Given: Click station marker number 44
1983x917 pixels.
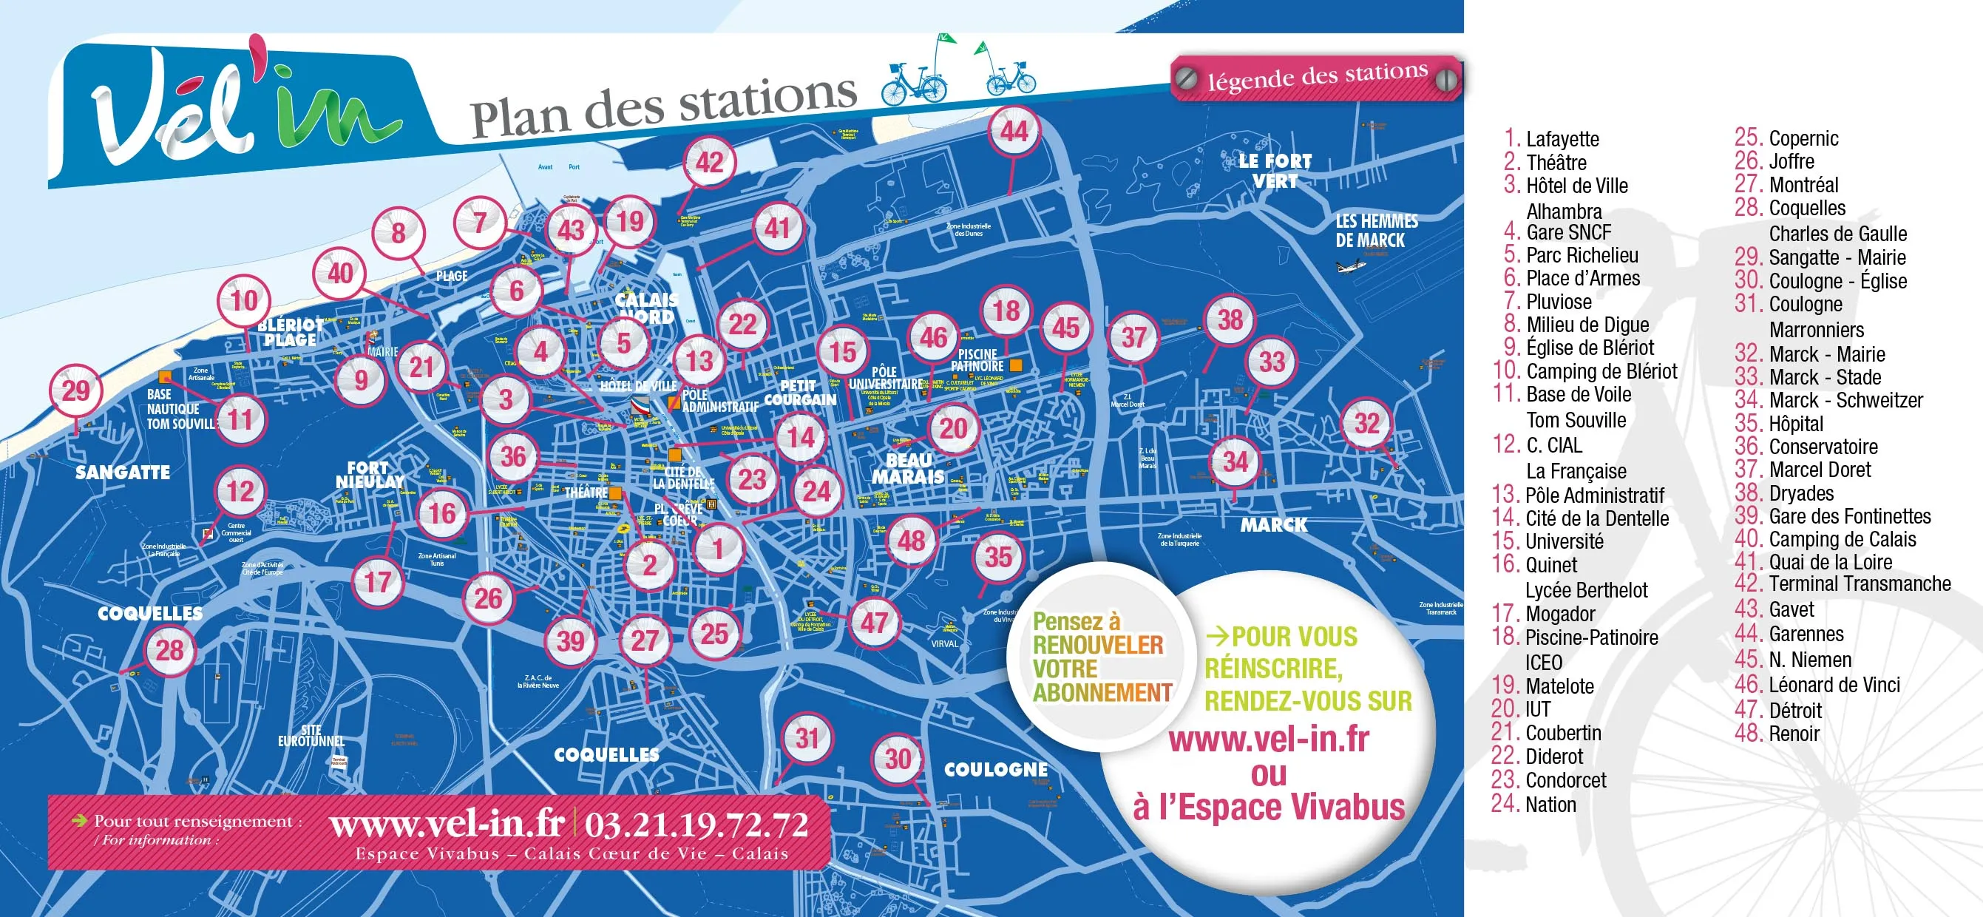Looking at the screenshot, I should [x=1014, y=132].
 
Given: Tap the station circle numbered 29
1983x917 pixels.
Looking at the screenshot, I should [x=75, y=390].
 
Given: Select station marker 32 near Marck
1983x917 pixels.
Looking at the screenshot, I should [x=1366, y=423].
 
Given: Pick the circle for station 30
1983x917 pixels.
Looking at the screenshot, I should [x=898, y=759].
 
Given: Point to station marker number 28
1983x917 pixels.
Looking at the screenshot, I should [x=170, y=651].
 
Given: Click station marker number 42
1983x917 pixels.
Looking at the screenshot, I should [x=709, y=163].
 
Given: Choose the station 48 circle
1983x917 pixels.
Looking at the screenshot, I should [x=912, y=541].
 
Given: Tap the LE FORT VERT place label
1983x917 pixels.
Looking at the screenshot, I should [x=1275, y=171].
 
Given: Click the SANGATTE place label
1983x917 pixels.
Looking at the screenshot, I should [x=123, y=472].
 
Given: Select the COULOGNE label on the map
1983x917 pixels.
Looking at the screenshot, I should [x=995, y=769].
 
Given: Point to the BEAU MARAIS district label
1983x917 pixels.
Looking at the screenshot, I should [x=909, y=468].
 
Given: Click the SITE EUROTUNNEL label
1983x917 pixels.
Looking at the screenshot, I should [x=311, y=735].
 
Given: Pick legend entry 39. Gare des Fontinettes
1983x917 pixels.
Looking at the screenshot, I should [x=1832, y=516].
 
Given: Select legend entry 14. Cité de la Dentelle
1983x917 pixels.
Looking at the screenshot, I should [x=1580, y=518].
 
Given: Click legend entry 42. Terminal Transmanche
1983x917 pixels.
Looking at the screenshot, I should [x=1842, y=584].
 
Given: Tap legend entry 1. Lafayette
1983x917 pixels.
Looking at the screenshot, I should [x=1551, y=138].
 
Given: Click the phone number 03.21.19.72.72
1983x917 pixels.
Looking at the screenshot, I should [x=696, y=825].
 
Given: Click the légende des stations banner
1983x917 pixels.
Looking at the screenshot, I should [x=1315, y=77].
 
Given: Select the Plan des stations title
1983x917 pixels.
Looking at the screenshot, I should [x=662, y=107].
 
